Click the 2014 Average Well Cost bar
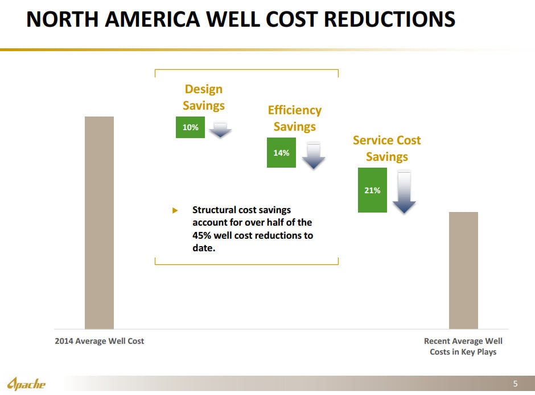click(x=99, y=222)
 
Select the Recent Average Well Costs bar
click(x=463, y=270)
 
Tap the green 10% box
click(x=190, y=127)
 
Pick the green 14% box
click(x=281, y=153)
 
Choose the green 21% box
click(x=372, y=190)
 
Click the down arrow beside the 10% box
click(x=220, y=130)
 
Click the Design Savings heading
click(x=204, y=97)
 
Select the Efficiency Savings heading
click(x=294, y=118)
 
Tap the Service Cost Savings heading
click(x=386, y=148)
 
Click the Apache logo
click(x=27, y=384)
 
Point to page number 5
click(x=515, y=384)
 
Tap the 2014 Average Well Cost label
click(x=99, y=341)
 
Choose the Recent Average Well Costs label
click(x=463, y=347)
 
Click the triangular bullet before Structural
click(x=175, y=210)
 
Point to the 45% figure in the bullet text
click(x=202, y=235)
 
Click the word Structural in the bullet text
click(x=214, y=210)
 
